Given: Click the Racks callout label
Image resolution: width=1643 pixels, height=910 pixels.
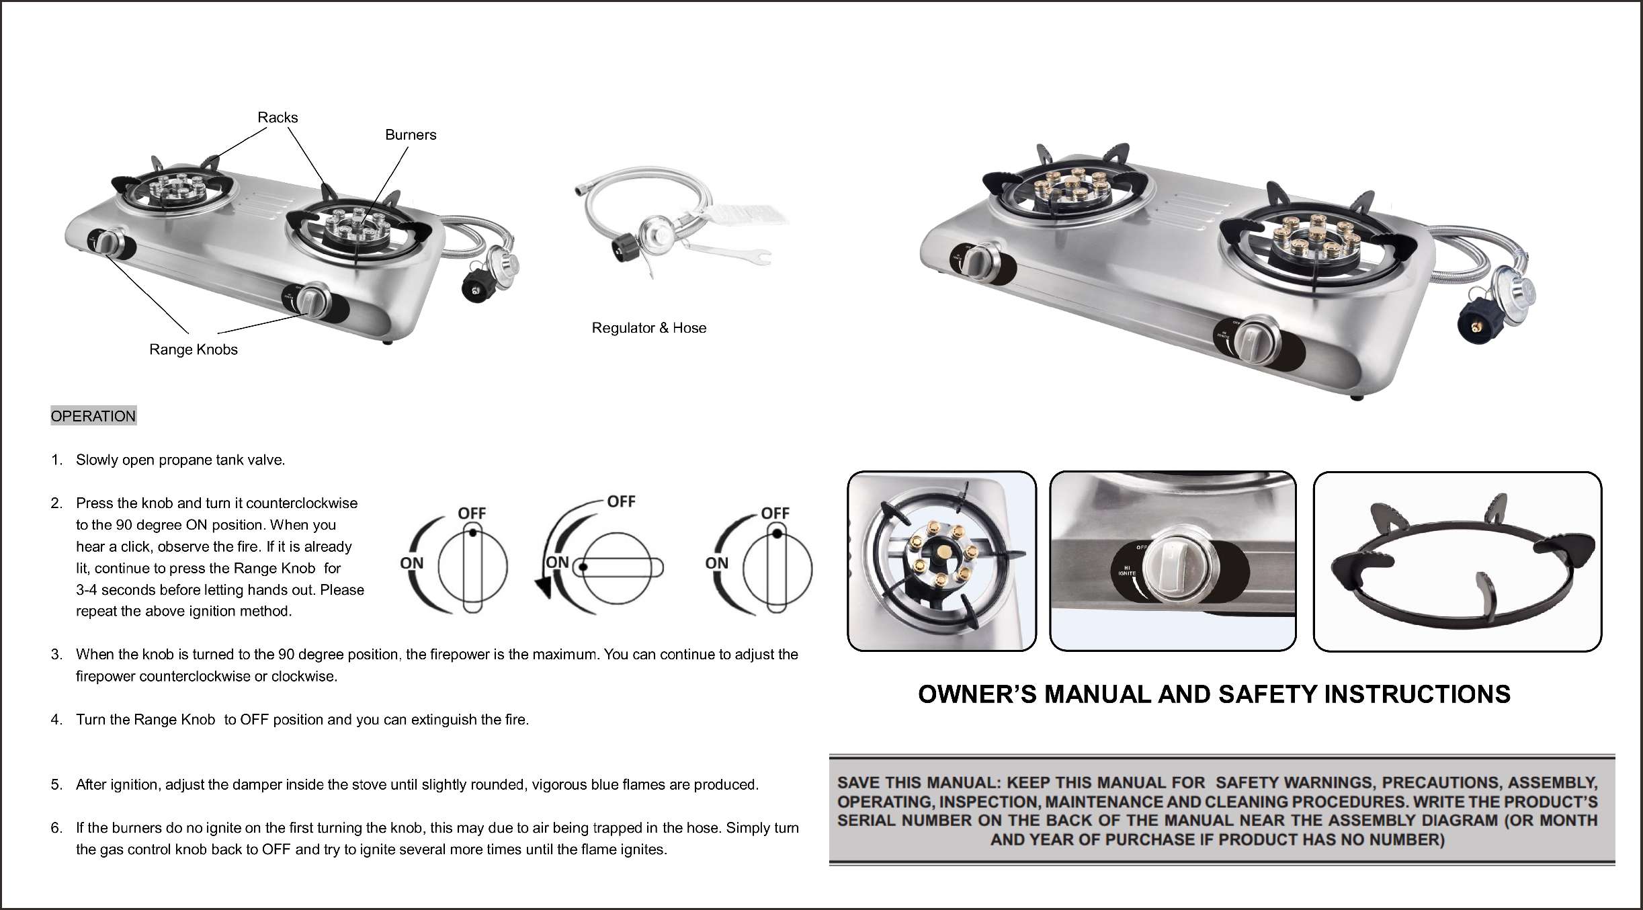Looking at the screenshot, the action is tap(278, 118).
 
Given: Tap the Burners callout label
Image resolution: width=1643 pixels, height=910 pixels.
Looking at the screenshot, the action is tap(411, 135).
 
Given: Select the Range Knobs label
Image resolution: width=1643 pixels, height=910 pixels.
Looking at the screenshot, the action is tap(194, 349).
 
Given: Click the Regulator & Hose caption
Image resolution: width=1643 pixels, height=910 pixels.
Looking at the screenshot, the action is tap(649, 328).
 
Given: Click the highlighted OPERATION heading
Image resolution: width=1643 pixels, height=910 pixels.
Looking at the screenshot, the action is tap(93, 416).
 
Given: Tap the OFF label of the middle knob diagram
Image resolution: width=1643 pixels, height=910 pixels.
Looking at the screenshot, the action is tap(621, 501).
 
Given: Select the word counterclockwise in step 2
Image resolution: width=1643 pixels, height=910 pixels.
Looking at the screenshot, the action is tap(302, 503).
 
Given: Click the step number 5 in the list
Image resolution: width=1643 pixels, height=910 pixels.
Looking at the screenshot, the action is tap(56, 785).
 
